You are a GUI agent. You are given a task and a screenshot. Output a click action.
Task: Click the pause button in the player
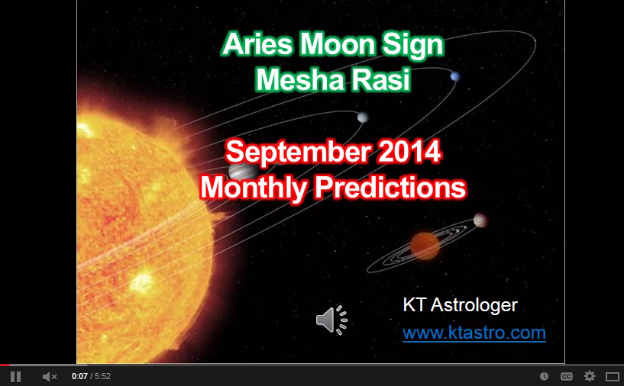click(x=16, y=376)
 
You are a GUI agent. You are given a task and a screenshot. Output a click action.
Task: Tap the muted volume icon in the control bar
click(x=50, y=376)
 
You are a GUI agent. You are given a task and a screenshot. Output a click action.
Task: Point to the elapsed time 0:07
click(x=79, y=376)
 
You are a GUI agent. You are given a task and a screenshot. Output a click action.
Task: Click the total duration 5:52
click(x=103, y=376)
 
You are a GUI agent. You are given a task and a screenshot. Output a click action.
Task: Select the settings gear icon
click(x=589, y=376)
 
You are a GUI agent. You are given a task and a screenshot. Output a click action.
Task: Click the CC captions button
click(x=567, y=376)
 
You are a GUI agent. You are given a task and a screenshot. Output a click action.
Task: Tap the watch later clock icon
click(x=544, y=376)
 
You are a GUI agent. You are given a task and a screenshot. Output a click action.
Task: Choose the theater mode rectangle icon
click(x=612, y=376)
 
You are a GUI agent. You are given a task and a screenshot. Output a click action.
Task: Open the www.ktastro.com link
click(x=474, y=333)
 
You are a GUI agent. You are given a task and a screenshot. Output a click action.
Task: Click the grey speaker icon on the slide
click(x=331, y=320)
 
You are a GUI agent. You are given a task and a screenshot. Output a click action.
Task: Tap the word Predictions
click(x=392, y=186)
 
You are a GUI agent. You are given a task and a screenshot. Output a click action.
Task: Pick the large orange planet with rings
click(x=425, y=246)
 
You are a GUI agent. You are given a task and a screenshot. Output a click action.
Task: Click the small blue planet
click(x=455, y=76)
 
